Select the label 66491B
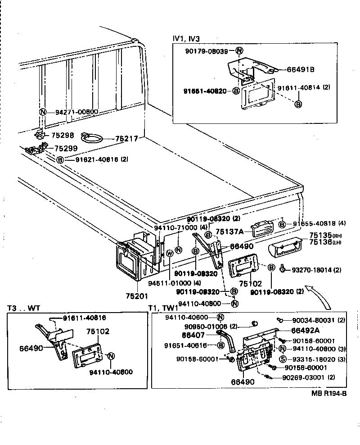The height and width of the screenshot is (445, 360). (x=300, y=69)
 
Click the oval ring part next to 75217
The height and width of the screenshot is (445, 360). (x=93, y=137)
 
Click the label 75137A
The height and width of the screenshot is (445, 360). (x=229, y=232)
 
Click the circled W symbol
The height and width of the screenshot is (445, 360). (x=169, y=253)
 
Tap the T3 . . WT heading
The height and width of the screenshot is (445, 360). (x=24, y=308)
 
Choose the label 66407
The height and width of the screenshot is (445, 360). (x=193, y=335)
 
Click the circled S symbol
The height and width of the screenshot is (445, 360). (x=283, y=359)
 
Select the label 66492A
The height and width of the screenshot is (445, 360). (x=297, y=330)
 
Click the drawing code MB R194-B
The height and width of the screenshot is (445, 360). (x=328, y=393)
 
